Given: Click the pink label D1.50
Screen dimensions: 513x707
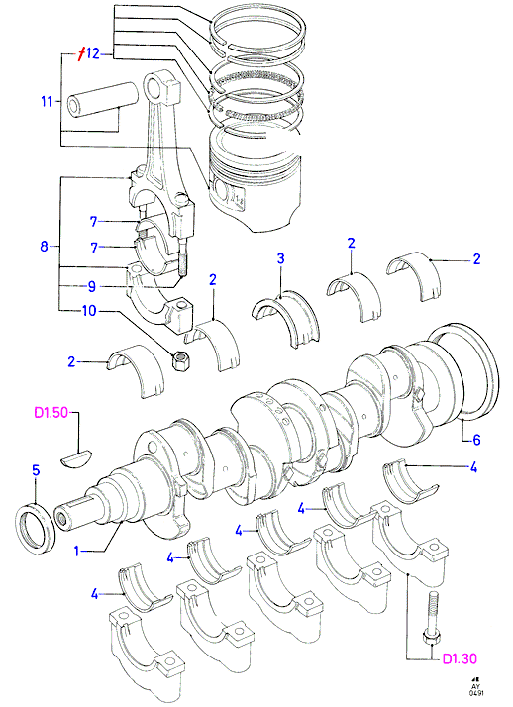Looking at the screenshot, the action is [x=51, y=413].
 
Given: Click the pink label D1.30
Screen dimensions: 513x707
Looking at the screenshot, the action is [x=460, y=658].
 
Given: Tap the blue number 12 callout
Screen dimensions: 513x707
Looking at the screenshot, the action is [x=92, y=53].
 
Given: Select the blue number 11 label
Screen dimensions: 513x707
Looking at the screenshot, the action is [x=47, y=101].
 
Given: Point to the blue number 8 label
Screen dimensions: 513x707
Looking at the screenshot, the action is [x=44, y=247].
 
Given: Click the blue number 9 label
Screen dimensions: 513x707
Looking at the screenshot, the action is [x=91, y=286].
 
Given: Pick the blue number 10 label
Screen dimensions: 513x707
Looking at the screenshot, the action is [x=89, y=311].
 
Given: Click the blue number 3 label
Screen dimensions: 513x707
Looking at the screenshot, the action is [x=280, y=258].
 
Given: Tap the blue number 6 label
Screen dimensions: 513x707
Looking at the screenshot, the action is [x=476, y=439].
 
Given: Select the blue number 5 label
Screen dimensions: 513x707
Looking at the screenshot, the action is [x=36, y=470].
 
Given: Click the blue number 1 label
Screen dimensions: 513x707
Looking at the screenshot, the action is [x=76, y=551].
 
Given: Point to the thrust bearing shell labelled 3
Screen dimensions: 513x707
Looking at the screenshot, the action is [x=285, y=316].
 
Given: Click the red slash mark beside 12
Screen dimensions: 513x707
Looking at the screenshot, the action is [x=80, y=53].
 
